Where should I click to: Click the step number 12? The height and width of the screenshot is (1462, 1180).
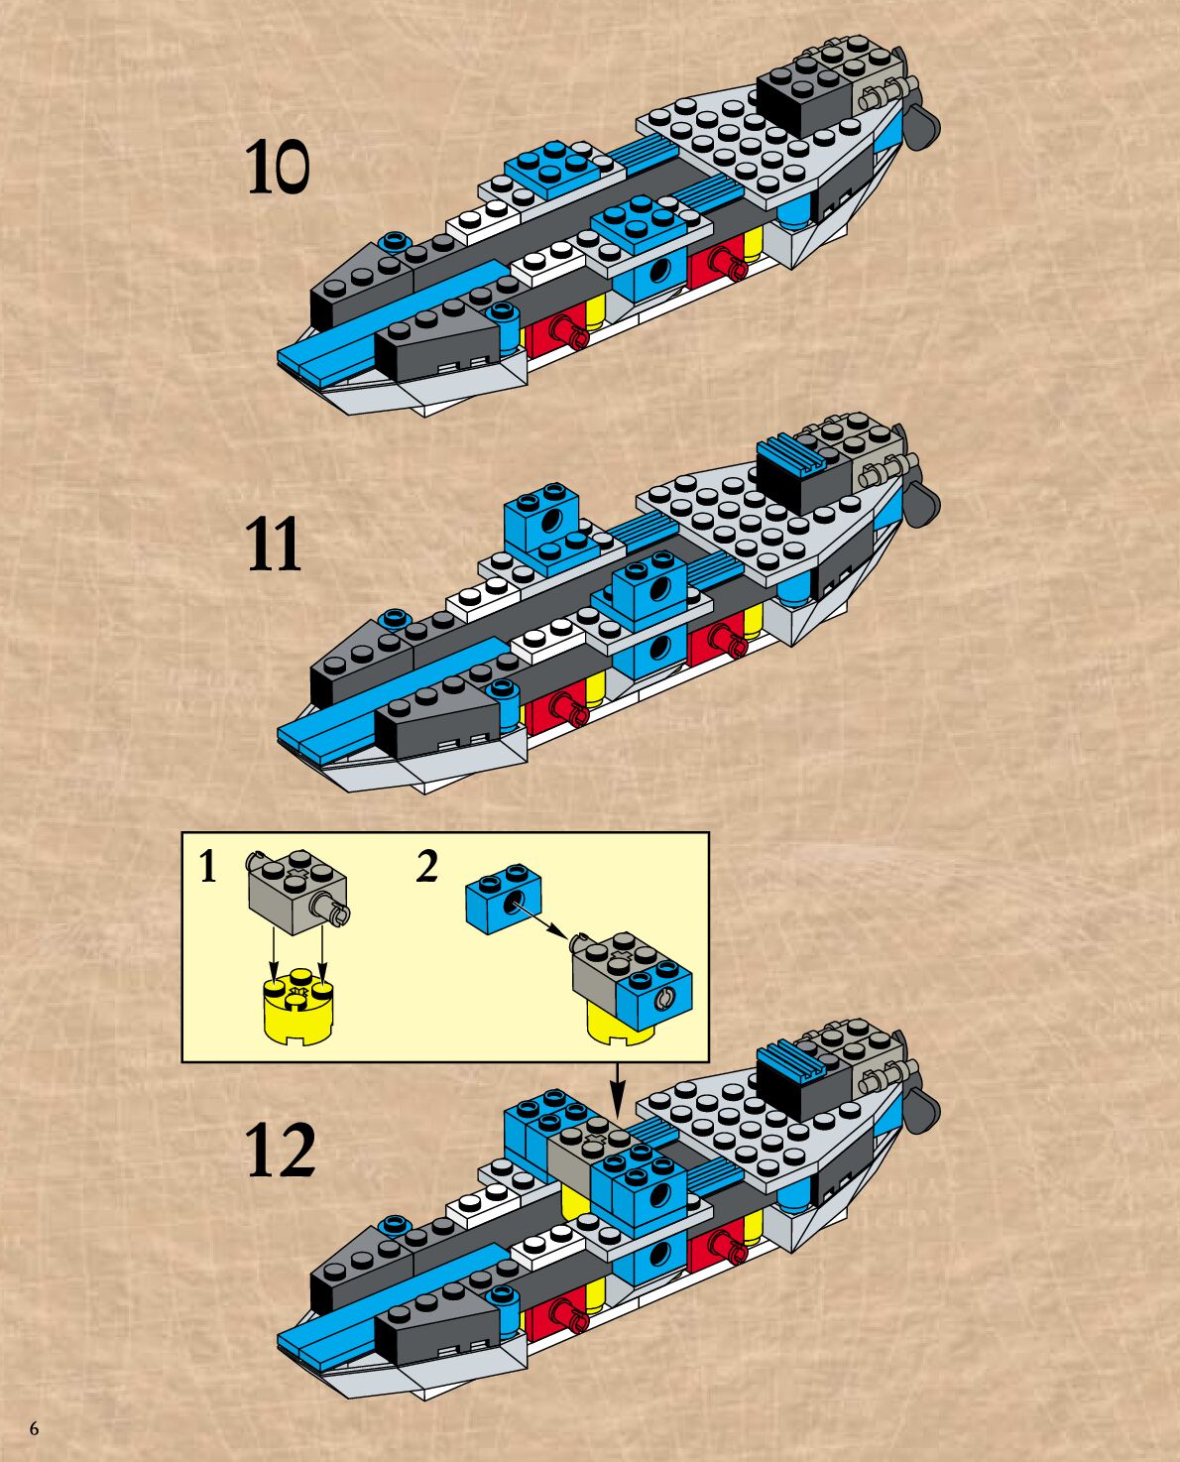pyautogui.click(x=281, y=1151)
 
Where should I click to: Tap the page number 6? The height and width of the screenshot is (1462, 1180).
pyautogui.click(x=34, y=1428)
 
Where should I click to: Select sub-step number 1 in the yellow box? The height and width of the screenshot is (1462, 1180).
pyautogui.click(x=206, y=867)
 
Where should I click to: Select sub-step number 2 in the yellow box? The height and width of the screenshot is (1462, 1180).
pyautogui.click(x=426, y=867)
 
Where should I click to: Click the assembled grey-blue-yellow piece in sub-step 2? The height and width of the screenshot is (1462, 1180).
pyautogui.click(x=629, y=988)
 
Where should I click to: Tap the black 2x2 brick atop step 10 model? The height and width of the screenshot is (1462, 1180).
pyautogui.click(x=805, y=94)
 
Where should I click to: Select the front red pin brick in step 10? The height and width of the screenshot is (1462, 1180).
pyautogui.click(x=557, y=333)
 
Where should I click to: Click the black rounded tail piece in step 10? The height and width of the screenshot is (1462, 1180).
pyautogui.click(x=921, y=120)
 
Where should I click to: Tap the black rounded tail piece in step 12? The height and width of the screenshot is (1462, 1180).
pyautogui.click(x=922, y=1111)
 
